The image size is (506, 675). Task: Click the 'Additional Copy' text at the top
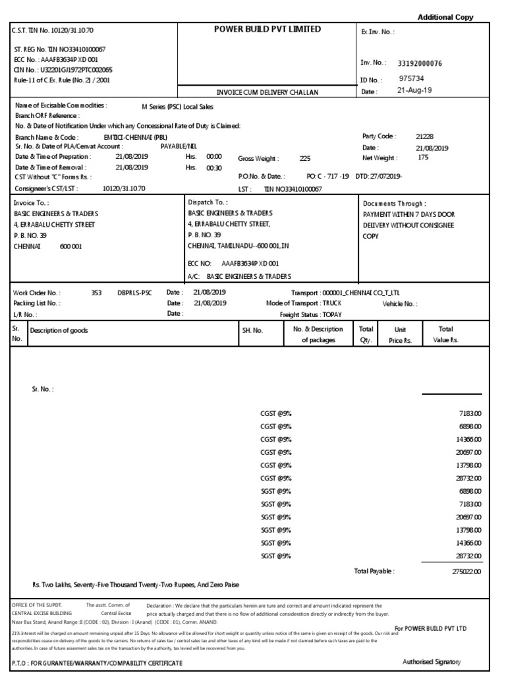coord(446,17)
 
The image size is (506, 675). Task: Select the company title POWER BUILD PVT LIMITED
coord(267,30)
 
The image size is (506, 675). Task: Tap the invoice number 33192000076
coord(420,63)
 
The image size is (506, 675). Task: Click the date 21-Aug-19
coord(414,91)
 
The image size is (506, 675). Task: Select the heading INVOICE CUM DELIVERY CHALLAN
coord(267,92)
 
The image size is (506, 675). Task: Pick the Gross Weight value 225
coord(305,159)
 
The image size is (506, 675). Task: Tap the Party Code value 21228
coord(424,136)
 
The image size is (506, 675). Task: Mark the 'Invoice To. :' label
coord(31,204)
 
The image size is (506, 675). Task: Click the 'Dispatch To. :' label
coord(208,203)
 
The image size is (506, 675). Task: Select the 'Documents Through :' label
coord(394,204)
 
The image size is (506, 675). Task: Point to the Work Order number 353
coord(97,292)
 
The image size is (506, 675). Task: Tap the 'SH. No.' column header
coord(252,330)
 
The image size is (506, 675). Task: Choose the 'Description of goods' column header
coord(59,330)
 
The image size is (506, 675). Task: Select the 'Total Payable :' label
coord(374,571)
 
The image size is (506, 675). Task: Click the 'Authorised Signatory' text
coord(432,662)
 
